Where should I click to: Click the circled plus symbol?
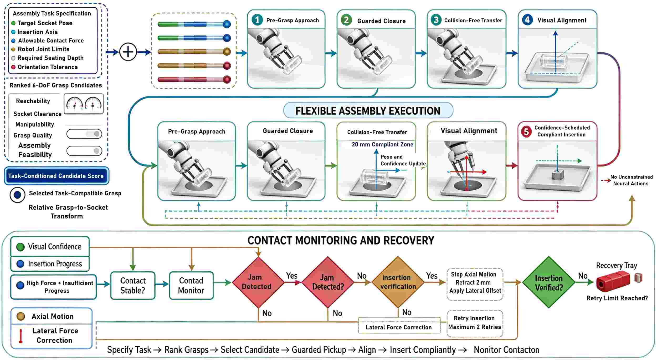128,52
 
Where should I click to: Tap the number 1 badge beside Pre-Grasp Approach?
257,20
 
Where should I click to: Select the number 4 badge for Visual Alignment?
527,20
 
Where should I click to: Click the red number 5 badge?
526,131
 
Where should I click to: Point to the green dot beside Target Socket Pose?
13,23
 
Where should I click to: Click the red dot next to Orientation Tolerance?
13,67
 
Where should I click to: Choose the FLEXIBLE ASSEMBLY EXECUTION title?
368,110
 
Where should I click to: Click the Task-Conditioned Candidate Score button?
56,176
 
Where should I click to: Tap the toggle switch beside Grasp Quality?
84,134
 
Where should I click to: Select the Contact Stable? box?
133,286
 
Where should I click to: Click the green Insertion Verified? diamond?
549,282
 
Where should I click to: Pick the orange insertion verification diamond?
398,282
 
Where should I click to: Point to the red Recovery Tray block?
613,282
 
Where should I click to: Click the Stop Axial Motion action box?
475,284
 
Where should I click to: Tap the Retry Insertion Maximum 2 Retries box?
475,323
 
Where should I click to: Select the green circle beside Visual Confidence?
20,247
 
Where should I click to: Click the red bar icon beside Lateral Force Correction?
20,336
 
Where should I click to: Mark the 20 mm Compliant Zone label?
382,144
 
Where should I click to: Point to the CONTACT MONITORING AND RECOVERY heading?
341,240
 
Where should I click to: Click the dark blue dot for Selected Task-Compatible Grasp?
18,195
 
